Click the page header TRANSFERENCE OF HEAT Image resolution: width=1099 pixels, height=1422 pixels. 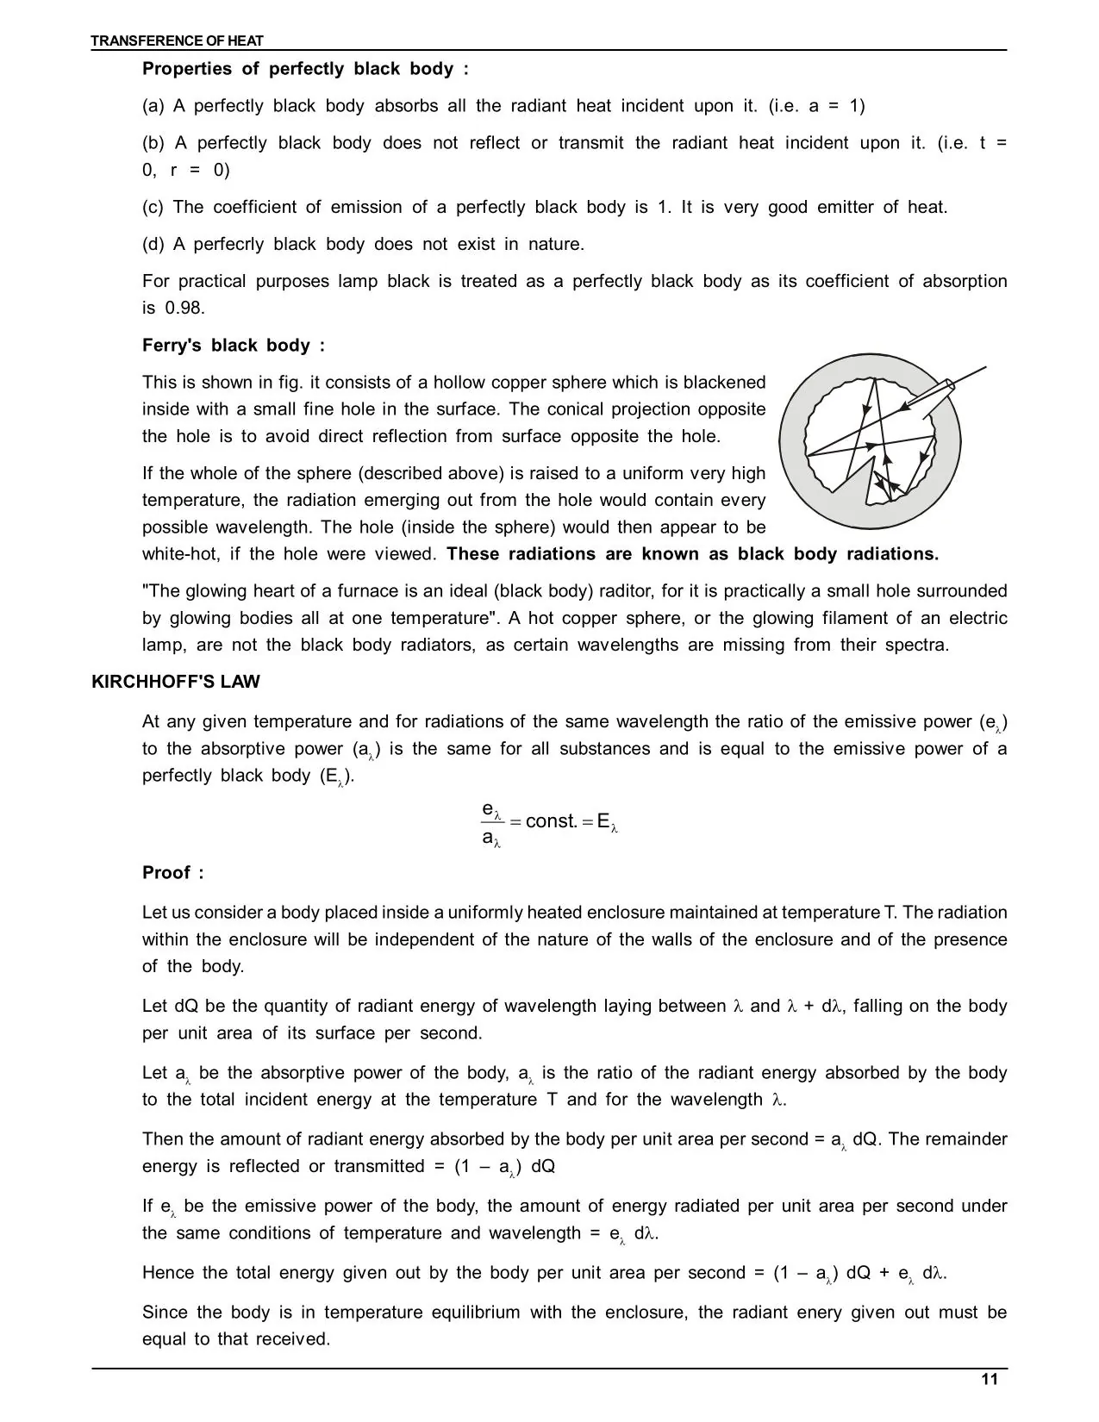(x=178, y=41)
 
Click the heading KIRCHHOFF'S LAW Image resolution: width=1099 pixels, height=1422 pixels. (x=176, y=682)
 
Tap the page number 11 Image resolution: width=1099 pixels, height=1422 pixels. (x=990, y=1380)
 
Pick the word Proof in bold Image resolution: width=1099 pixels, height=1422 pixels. (x=166, y=873)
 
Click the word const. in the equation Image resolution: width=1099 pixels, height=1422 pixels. (x=551, y=821)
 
